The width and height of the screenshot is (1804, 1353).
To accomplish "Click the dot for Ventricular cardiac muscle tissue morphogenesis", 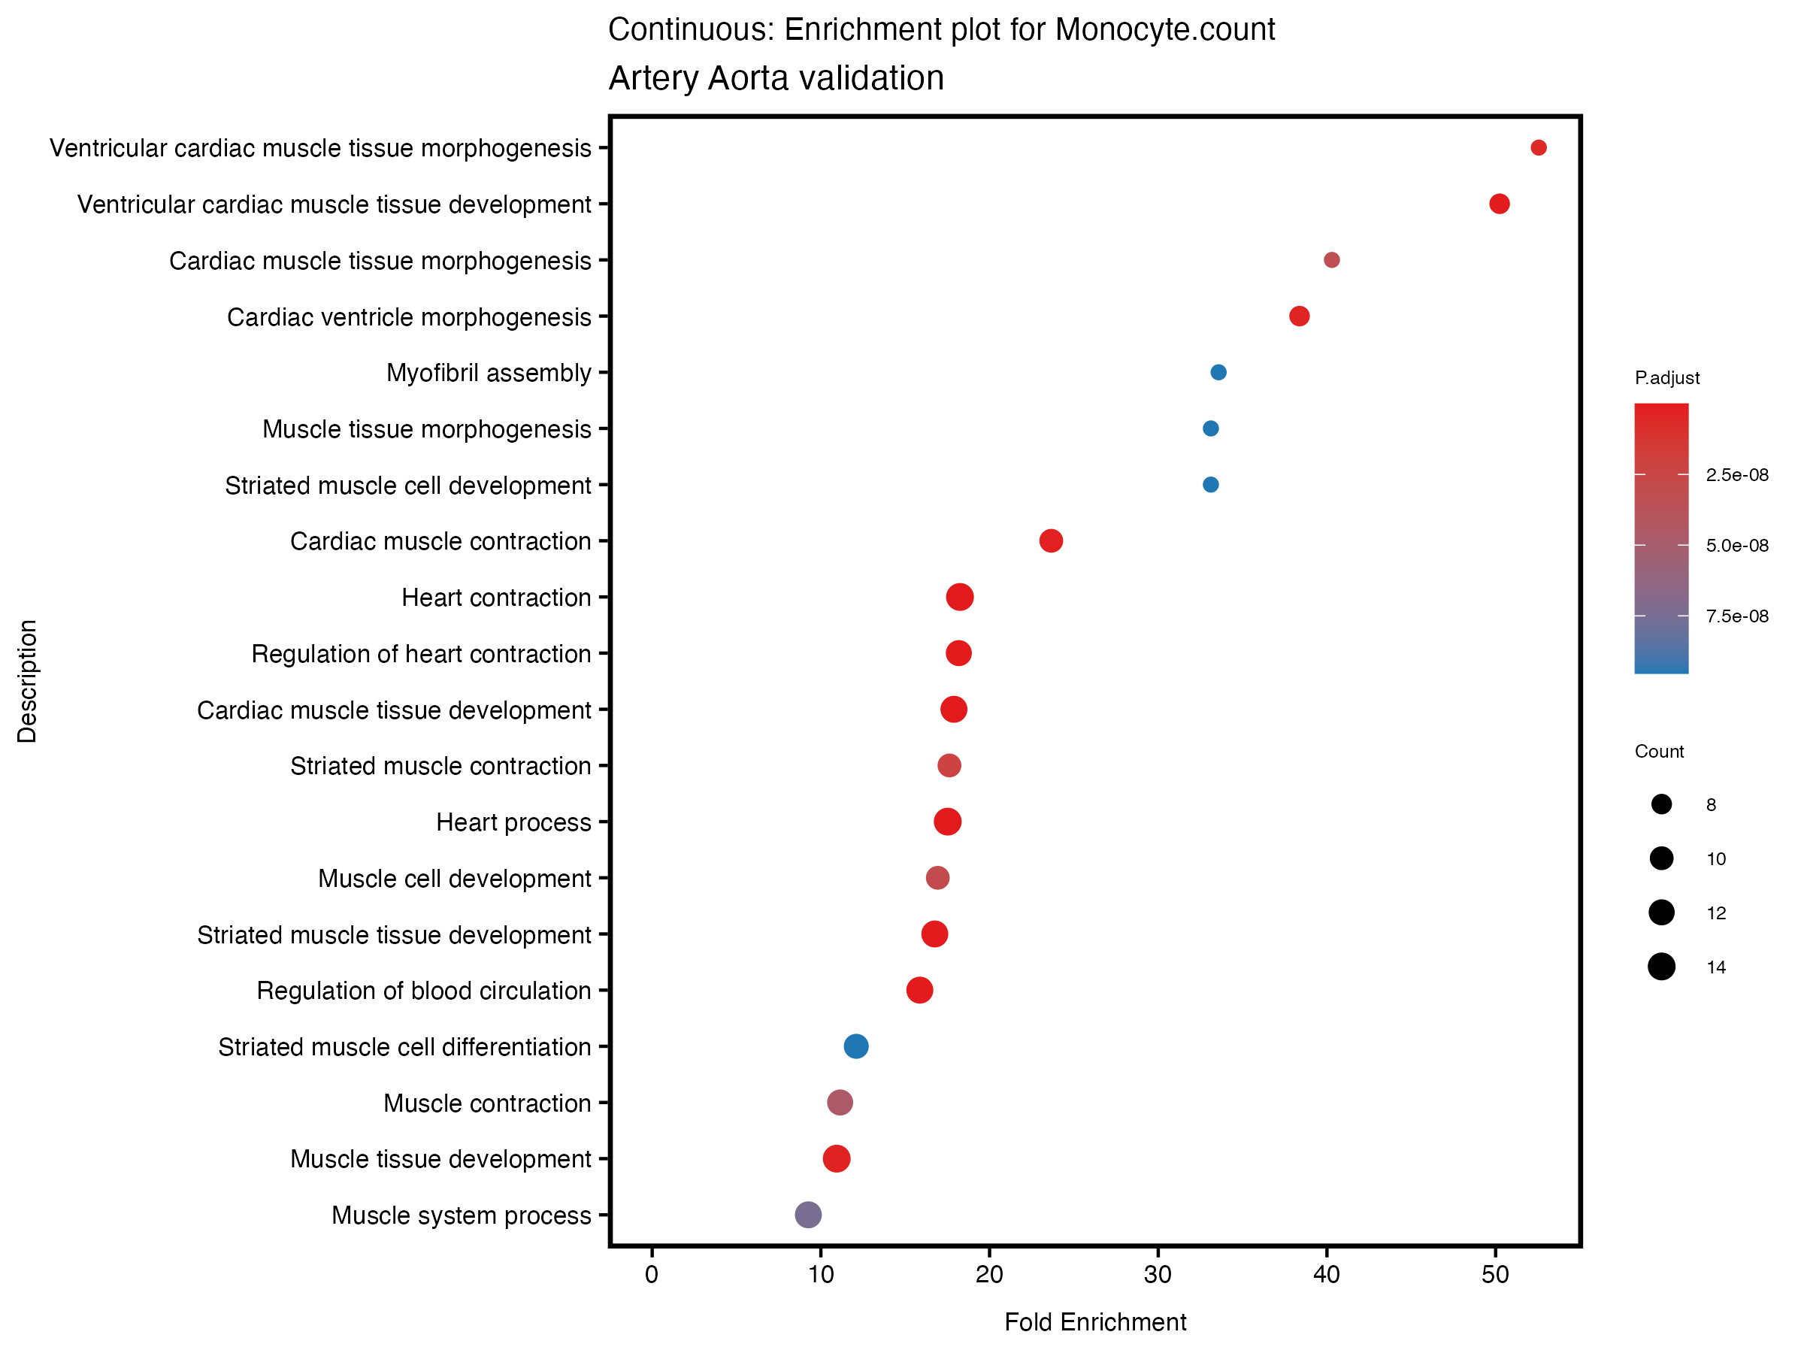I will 1538,147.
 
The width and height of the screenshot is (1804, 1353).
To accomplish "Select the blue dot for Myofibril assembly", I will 1218,373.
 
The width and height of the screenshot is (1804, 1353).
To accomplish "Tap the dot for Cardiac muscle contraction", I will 1050,540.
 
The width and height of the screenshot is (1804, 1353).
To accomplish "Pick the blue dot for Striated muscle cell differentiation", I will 855,1046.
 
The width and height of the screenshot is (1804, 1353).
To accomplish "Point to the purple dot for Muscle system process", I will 807,1215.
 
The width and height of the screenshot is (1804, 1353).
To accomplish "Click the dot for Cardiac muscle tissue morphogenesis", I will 1331,260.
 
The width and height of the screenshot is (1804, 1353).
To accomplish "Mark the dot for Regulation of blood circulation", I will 919,990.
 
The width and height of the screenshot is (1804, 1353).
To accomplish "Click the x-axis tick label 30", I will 1158,1276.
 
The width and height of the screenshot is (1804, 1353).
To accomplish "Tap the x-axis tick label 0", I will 652,1276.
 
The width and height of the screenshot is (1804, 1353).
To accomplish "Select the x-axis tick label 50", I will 1495,1276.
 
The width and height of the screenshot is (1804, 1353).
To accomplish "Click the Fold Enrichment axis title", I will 1094,1322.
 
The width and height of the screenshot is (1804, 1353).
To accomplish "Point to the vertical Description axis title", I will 27,681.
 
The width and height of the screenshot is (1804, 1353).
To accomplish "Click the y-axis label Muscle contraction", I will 487,1103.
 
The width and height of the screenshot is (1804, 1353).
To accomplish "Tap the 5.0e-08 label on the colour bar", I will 1736,546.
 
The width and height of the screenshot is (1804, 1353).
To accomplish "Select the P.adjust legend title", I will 1666,377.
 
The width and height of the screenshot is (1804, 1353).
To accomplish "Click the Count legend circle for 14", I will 1660,967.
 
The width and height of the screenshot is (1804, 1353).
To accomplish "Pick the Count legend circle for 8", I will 1660,805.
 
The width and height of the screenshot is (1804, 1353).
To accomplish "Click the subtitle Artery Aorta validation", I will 776,78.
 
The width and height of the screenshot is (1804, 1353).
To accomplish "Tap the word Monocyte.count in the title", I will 1164,29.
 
